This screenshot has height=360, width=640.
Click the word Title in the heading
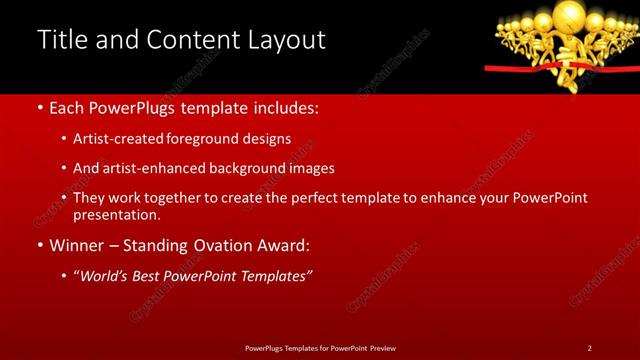click(62, 40)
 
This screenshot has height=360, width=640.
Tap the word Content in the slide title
click(189, 40)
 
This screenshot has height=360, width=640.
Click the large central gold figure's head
click(567, 14)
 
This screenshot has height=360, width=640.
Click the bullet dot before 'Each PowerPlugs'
click(39, 108)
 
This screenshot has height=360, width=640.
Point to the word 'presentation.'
click(117, 214)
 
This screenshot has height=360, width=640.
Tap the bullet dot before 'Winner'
click(39, 245)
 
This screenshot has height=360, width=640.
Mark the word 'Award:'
click(286, 245)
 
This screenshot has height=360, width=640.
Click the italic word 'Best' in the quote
click(168, 276)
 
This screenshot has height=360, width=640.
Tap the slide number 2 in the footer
click(589, 347)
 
